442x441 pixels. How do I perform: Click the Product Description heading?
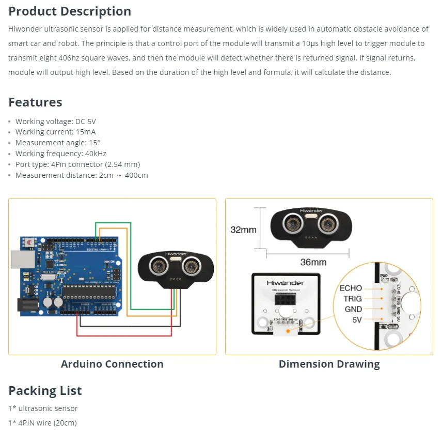coord(70,11)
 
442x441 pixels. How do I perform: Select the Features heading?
coord(35,102)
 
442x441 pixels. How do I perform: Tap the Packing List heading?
coord(45,390)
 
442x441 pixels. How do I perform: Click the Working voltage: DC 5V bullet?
coord(55,121)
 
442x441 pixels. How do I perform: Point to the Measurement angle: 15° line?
coord(58,143)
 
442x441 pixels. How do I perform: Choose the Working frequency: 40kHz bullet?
coord(60,154)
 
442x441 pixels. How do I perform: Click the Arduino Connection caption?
coord(112,364)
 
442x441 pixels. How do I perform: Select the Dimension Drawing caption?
coord(329,364)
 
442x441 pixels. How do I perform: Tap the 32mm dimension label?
coord(243,230)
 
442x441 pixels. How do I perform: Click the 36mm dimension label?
coord(313,262)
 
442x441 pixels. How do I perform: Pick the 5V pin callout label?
coord(357,320)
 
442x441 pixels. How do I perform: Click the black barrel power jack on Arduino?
coord(25,306)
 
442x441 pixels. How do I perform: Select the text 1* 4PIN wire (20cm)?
coord(42,423)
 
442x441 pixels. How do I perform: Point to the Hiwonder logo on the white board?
coord(286,283)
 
